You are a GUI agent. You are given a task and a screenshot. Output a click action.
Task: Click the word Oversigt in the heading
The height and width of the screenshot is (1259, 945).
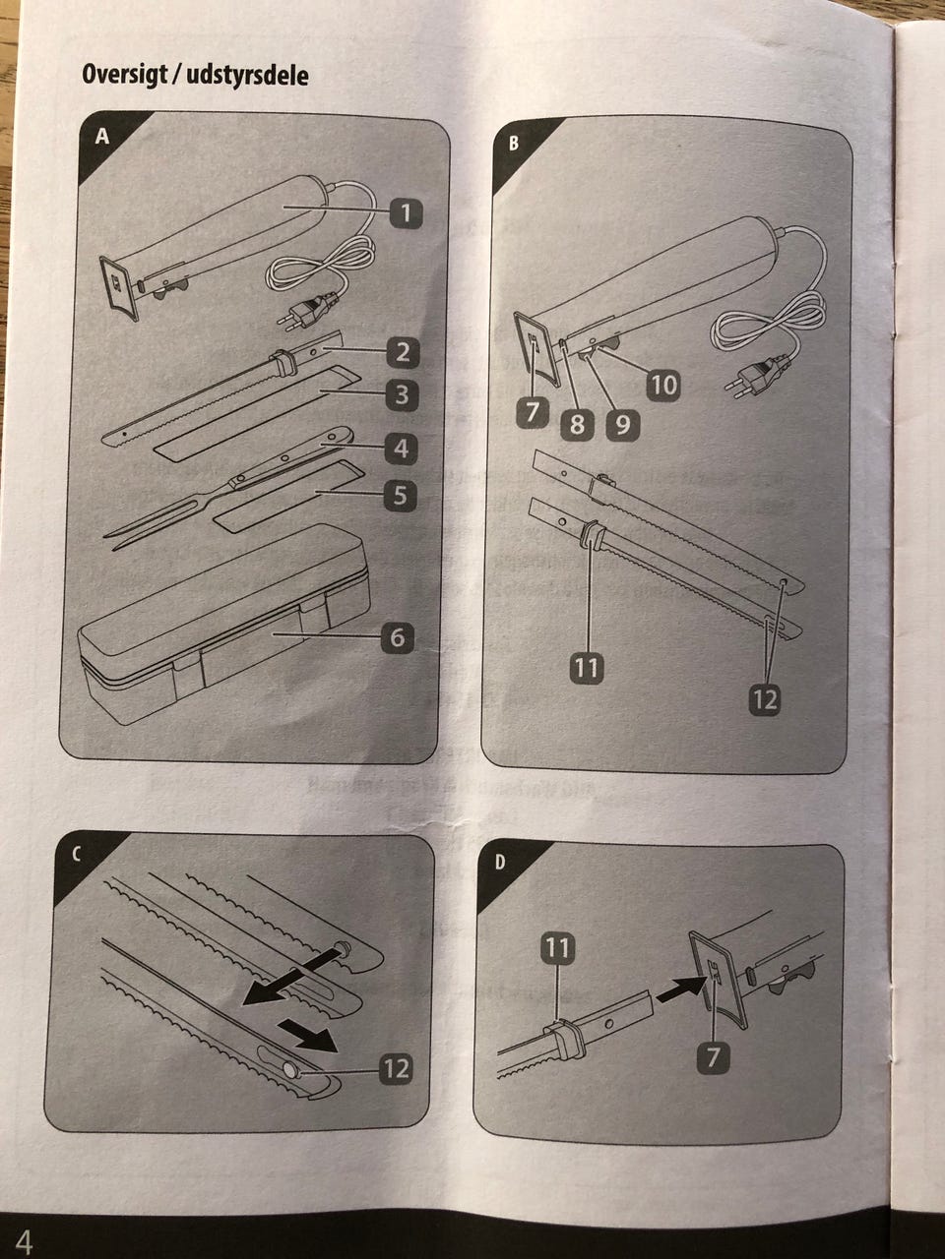click(125, 75)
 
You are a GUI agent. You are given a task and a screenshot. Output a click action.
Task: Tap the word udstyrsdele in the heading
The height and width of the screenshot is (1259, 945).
click(247, 75)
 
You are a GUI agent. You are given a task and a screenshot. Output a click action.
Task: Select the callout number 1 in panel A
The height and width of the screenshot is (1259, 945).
click(406, 214)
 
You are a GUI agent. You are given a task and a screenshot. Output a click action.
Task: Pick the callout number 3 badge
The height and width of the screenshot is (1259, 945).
click(402, 394)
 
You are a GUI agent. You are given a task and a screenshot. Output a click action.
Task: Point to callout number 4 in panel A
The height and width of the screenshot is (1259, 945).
click(401, 448)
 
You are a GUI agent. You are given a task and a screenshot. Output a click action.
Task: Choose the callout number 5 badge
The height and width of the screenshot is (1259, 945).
click(400, 495)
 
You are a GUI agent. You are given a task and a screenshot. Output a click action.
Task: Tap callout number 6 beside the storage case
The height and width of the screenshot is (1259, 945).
click(397, 637)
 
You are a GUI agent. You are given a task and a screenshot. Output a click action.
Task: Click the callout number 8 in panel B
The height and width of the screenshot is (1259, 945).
click(577, 425)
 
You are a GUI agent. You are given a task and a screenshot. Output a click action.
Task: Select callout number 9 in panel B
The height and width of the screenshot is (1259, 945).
click(622, 425)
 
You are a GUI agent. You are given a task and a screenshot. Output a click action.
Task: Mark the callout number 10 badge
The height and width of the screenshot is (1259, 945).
click(663, 385)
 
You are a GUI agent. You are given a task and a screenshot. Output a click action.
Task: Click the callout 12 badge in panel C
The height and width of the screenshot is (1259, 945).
click(397, 1068)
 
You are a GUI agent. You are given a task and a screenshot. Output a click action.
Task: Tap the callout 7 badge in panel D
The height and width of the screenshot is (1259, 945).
click(713, 1056)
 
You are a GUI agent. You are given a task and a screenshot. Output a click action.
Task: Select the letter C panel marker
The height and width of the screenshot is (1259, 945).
click(76, 855)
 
